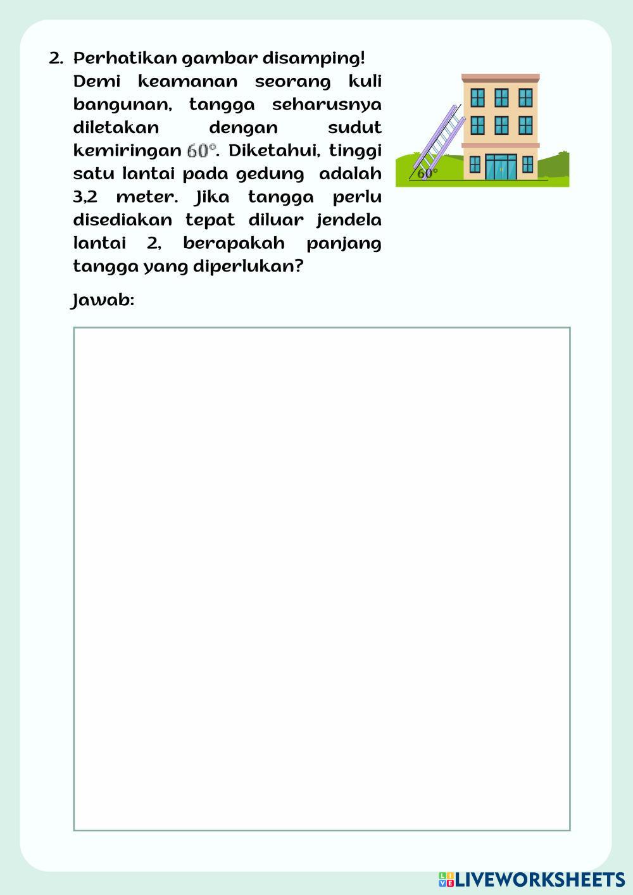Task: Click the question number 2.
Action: coord(56,59)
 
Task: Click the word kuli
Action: coord(365,82)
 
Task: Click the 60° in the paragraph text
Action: coord(202,151)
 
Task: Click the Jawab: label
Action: coord(103,300)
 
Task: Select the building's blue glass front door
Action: coord(501,166)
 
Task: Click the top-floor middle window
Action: coord(501,97)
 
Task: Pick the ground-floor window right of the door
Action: coord(528,165)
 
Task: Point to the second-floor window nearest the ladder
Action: coord(478,125)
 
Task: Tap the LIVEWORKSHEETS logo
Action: coord(531,879)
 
